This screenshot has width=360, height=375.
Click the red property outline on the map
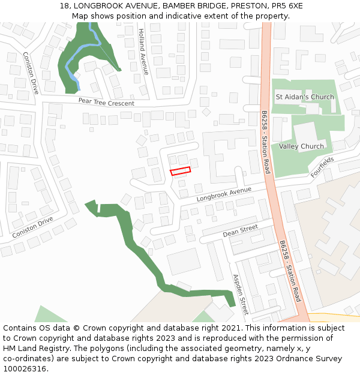coord(181,170)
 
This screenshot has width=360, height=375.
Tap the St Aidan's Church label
coord(304,97)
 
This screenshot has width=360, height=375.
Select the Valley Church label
coord(301,146)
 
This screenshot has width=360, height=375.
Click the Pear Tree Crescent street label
coord(106,102)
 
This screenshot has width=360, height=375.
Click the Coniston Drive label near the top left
coord(31,72)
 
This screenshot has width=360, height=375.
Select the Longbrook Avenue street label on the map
coord(223,194)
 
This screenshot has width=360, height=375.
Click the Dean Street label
coord(240,230)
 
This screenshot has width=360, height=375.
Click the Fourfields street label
coord(322,167)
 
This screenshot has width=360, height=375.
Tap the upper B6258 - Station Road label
coord(266,142)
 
